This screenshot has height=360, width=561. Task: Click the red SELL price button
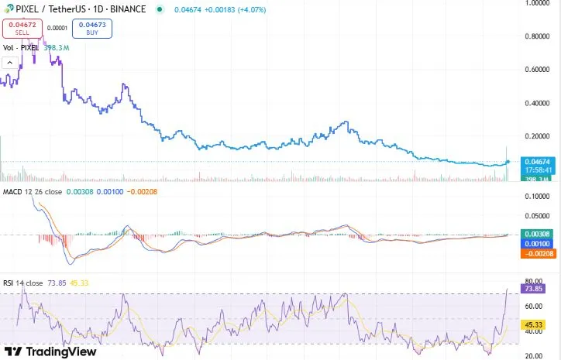coord(22,29)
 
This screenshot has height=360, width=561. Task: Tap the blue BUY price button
coord(92,29)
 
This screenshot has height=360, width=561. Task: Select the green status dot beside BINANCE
coord(160,9)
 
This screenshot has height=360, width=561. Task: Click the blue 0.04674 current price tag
coord(537,161)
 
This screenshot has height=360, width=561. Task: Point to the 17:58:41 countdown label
coord(537,170)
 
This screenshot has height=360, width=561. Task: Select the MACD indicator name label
coord(12,191)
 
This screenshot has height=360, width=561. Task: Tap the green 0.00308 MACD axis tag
coord(537,234)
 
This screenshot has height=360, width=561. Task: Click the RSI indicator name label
coord(10,283)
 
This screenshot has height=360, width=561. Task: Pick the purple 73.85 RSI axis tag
coord(532,289)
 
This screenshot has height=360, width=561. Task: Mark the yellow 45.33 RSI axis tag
coord(532,324)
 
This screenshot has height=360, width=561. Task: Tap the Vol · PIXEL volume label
coord(21,48)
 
